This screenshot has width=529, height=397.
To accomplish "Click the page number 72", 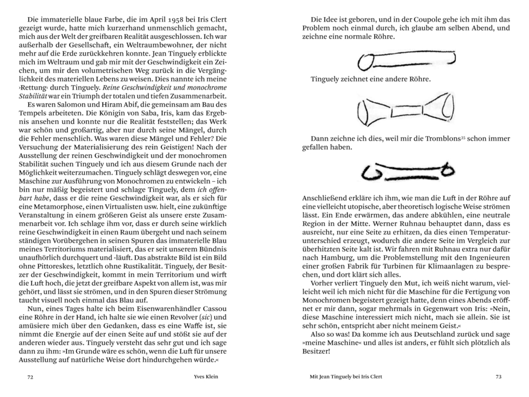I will [x=31, y=377].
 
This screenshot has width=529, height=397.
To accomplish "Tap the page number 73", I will [x=498, y=377].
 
